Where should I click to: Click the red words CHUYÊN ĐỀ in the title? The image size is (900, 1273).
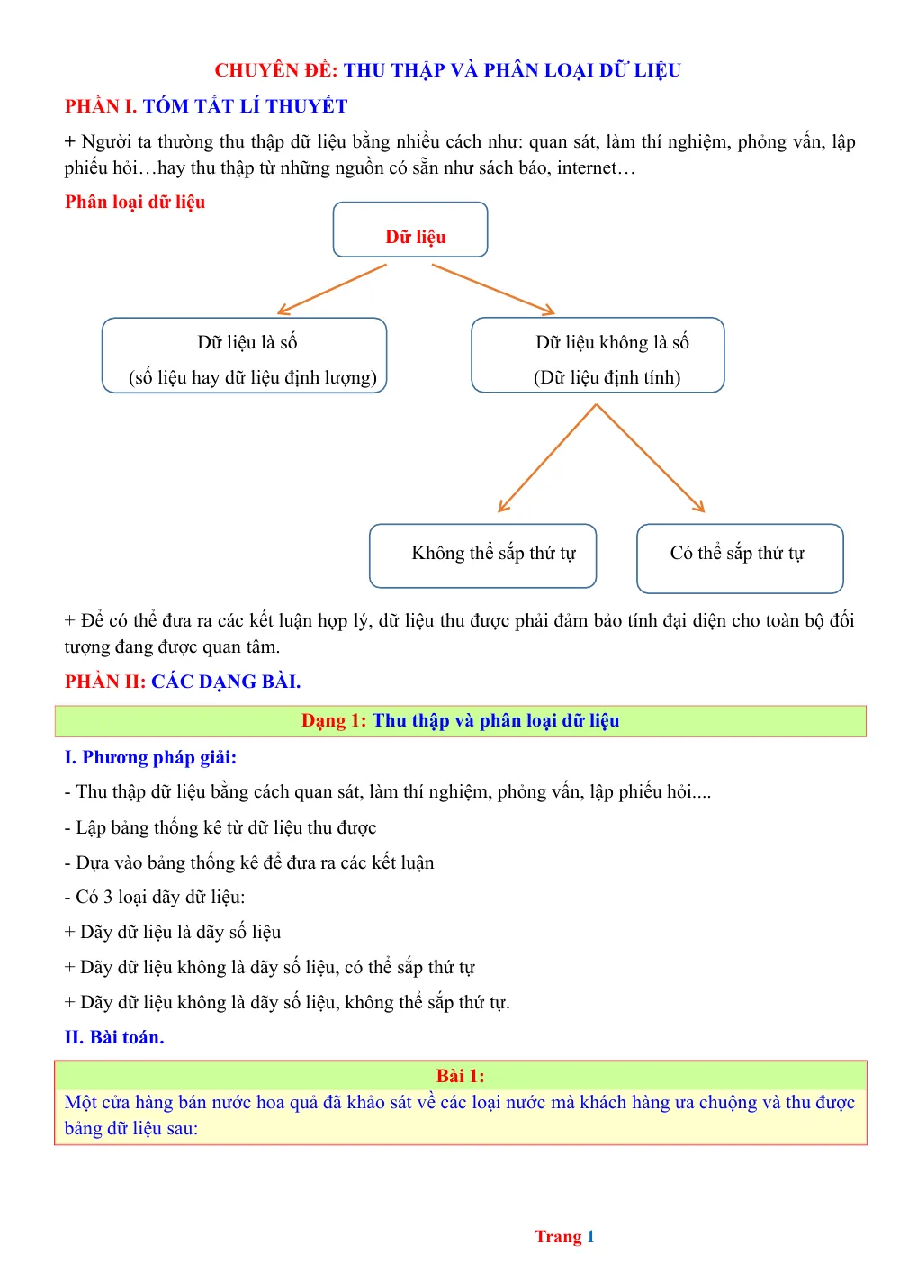point(275,70)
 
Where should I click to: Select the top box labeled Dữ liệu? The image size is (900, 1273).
point(409,229)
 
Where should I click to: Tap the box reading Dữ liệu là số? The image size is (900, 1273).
point(244,356)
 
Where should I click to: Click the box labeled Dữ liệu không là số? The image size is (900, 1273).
point(598,355)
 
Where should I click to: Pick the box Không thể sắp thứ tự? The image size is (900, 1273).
point(482,555)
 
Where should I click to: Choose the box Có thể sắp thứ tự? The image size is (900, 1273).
point(739,558)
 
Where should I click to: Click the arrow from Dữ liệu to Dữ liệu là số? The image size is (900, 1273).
point(332,289)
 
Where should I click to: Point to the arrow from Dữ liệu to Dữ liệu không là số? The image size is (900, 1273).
point(493,289)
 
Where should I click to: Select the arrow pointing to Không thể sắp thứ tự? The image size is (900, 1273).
point(546,458)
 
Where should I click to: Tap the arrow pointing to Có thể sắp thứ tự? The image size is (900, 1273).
point(650,458)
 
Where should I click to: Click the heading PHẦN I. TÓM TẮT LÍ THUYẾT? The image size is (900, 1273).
point(206,106)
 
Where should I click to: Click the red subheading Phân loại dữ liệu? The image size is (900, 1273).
point(135,202)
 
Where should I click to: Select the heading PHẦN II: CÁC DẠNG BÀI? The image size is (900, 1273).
point(183,681)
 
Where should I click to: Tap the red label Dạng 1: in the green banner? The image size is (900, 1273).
point(334,720)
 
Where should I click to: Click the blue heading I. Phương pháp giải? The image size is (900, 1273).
point(150,757)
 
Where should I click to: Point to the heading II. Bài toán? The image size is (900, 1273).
point(114,1036)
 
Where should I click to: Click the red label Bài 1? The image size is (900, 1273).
point(460,1075)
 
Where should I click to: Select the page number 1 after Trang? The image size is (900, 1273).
point(590,1236)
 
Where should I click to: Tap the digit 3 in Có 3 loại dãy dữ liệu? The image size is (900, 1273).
point(108,897)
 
